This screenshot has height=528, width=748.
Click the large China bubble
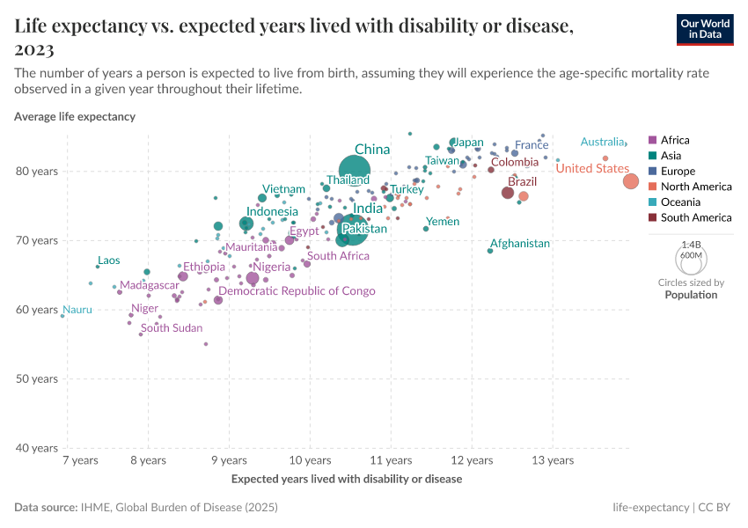(x=355, y=172)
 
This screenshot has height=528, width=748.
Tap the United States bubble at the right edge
(x=631, y=181)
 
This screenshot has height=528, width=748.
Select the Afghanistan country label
(x=519, y=244)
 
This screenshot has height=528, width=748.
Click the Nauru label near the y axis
(x=76, y=310)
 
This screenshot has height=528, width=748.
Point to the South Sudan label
(x=172, y=328)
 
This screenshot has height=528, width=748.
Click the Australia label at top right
(x=602, y=143)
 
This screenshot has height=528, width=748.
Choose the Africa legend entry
(x=675, y=140)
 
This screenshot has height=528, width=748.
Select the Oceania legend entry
(x=679, y=202)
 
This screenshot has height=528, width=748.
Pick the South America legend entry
(x=695, y=217)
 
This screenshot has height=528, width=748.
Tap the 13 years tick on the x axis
(x=553, y=460)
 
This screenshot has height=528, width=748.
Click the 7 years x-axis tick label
(x=79, y=460)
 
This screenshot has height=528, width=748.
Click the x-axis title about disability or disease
(x=346, y=480)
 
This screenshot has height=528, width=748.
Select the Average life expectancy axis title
(x=75, y=116)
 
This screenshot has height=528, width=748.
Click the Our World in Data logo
(x=705, y=28)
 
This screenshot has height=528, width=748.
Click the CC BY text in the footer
(x=716, y=508)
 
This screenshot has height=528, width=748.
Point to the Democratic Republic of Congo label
(x=297, y=291)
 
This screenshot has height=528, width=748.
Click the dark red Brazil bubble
(x=508, y=193)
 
